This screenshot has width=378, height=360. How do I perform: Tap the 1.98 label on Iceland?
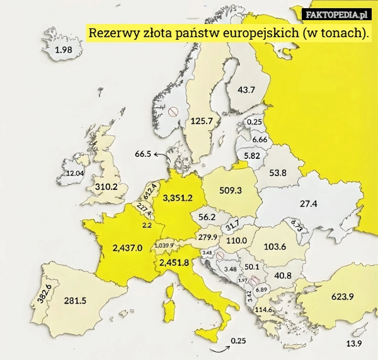64,50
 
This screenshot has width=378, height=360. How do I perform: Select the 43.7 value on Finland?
246,90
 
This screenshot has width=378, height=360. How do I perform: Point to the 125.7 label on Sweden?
202,120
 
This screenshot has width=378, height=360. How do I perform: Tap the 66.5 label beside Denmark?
143,154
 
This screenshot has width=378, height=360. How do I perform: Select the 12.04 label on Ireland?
75,173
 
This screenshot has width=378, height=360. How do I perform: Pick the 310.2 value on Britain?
106,187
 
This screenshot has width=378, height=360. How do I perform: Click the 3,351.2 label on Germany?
178,198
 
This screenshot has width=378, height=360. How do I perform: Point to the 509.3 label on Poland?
231,190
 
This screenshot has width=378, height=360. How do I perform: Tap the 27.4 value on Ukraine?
308,204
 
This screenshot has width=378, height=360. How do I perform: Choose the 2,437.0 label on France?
128,247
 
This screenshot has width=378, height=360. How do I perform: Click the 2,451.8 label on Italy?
174,262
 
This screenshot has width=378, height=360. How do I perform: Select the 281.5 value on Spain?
75,301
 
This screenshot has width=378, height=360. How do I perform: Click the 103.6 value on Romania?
275,247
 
